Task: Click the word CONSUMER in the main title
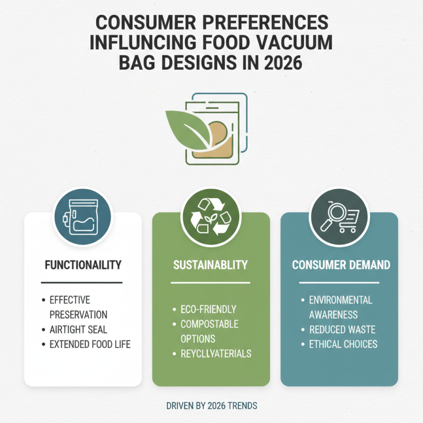pyautogui.click(x=141, y=24)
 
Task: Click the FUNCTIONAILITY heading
pyautogui.click(x=82, y=264)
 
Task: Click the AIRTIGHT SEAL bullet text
pyautogui.click(x=78, y=329)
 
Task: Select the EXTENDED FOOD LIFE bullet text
pyautogui.click(x=90, y=344)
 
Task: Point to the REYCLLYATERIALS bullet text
pyautogui.click(x=215, y=353)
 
